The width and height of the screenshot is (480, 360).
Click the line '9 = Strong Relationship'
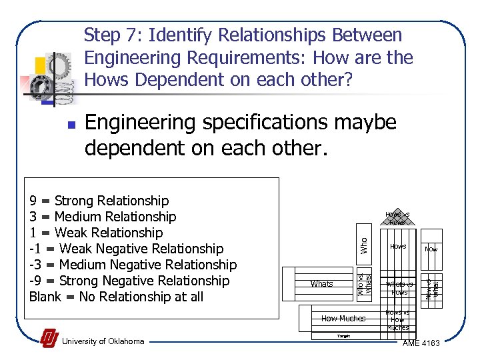coord(99,201)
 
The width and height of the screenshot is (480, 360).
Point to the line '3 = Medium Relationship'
coord(103,217)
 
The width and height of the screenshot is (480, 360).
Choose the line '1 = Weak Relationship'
coord(96,233)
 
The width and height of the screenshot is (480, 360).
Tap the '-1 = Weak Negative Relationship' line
coord(127,249)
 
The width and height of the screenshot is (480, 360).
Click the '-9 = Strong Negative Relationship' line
coord(129,281)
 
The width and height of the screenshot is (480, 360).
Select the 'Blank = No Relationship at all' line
coord(116,297)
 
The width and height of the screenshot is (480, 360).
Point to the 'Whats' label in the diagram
coord(321,284)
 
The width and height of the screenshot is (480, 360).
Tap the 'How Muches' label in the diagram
coord(343,319)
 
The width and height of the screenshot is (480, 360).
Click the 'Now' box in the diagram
coord(431,249)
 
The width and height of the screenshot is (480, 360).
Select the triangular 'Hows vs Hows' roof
coord(398,218)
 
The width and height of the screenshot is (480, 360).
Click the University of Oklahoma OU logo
coord(49,339)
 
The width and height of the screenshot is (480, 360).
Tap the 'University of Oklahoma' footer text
coord(103,341)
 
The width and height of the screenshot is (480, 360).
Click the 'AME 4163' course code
coord(426,343)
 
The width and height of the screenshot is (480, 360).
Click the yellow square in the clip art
coord(40,65)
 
